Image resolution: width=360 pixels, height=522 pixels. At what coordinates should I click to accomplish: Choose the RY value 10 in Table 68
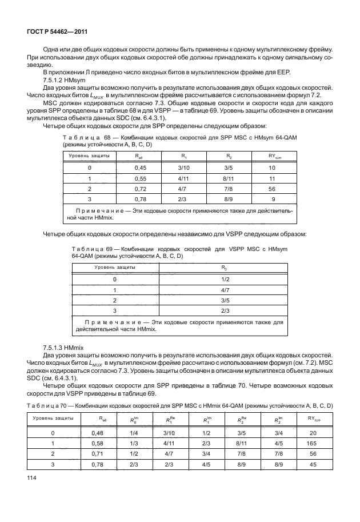pyautogui.click(x=272, y=168)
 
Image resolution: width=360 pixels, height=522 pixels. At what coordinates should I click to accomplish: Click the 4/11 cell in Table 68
pyautogui.click(x=183, y=178)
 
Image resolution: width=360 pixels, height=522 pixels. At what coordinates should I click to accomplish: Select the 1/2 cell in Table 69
pyautogui.click(x=225, y=279)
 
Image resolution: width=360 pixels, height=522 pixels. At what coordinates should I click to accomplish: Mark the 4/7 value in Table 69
pyautogui.click(x=225, y=290)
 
